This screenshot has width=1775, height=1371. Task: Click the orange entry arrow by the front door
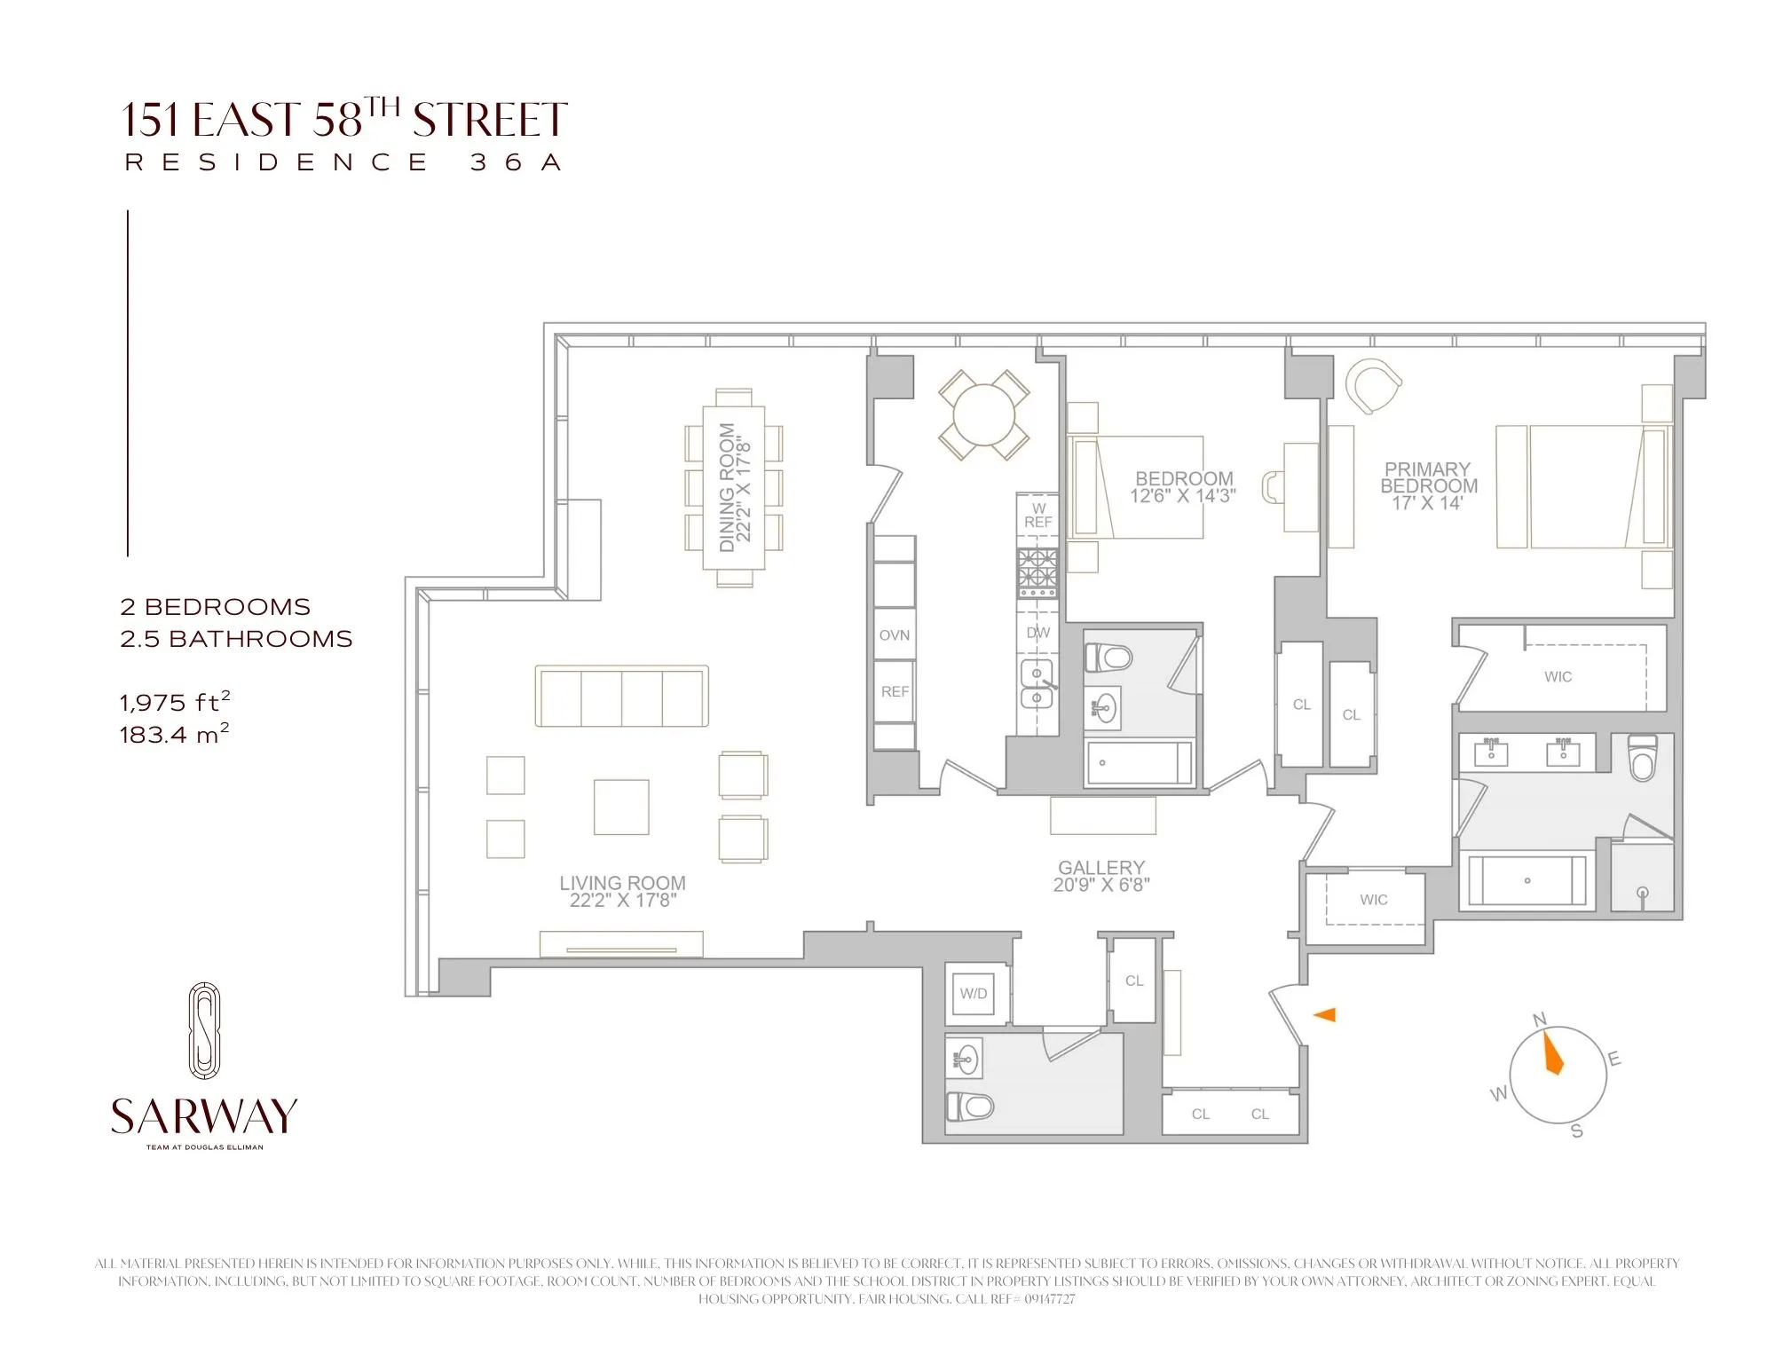click(1325, 1014)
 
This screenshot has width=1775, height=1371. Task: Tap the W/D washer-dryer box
click(974, 993)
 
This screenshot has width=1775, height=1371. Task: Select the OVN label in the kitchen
click(895, 635)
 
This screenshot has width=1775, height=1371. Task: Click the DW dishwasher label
click(1037, 633)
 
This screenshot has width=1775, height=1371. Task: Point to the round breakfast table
click(983, 415)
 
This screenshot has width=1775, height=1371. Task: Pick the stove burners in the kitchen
click(1037, 572)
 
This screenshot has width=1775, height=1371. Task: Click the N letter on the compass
click(1540, 1020)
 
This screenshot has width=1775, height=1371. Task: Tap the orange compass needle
click(1553, 1053)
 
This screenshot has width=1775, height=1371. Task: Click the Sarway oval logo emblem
click(204, 1030)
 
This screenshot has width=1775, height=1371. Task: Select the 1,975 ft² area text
click(175, 703)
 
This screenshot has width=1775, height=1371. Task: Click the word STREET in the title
click(490, 121)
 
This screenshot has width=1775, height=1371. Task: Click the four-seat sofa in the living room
click(621, 696)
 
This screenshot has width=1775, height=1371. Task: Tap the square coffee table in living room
click(621, 807)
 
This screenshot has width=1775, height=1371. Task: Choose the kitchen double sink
click(1037, 685)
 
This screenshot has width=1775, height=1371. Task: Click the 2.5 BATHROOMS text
click(236, 639)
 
